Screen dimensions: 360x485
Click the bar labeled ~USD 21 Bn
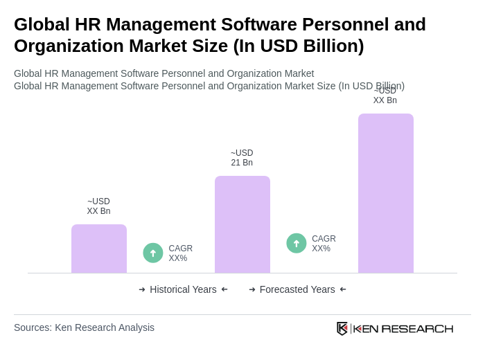point(242,224)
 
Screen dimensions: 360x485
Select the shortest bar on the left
point(98,249)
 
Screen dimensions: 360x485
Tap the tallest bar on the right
point(385,193)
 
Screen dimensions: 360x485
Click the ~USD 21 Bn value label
point(242,158)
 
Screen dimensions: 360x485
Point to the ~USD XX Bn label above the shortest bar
point(98,206)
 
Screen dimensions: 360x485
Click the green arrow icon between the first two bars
point(153,253)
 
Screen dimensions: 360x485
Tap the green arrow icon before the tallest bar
point(297,243)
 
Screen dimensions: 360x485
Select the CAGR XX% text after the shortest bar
point(180,253)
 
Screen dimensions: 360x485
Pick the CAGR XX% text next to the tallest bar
point(324,244)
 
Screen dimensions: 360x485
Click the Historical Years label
point(183,289)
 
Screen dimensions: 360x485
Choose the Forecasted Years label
point(297,289)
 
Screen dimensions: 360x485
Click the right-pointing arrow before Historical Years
point(142,289)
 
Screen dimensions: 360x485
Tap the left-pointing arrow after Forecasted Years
point(343,289)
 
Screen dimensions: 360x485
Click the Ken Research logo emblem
point(342,328)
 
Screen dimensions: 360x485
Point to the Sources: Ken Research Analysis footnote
point(84,327)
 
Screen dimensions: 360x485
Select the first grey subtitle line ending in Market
point(164,73)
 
